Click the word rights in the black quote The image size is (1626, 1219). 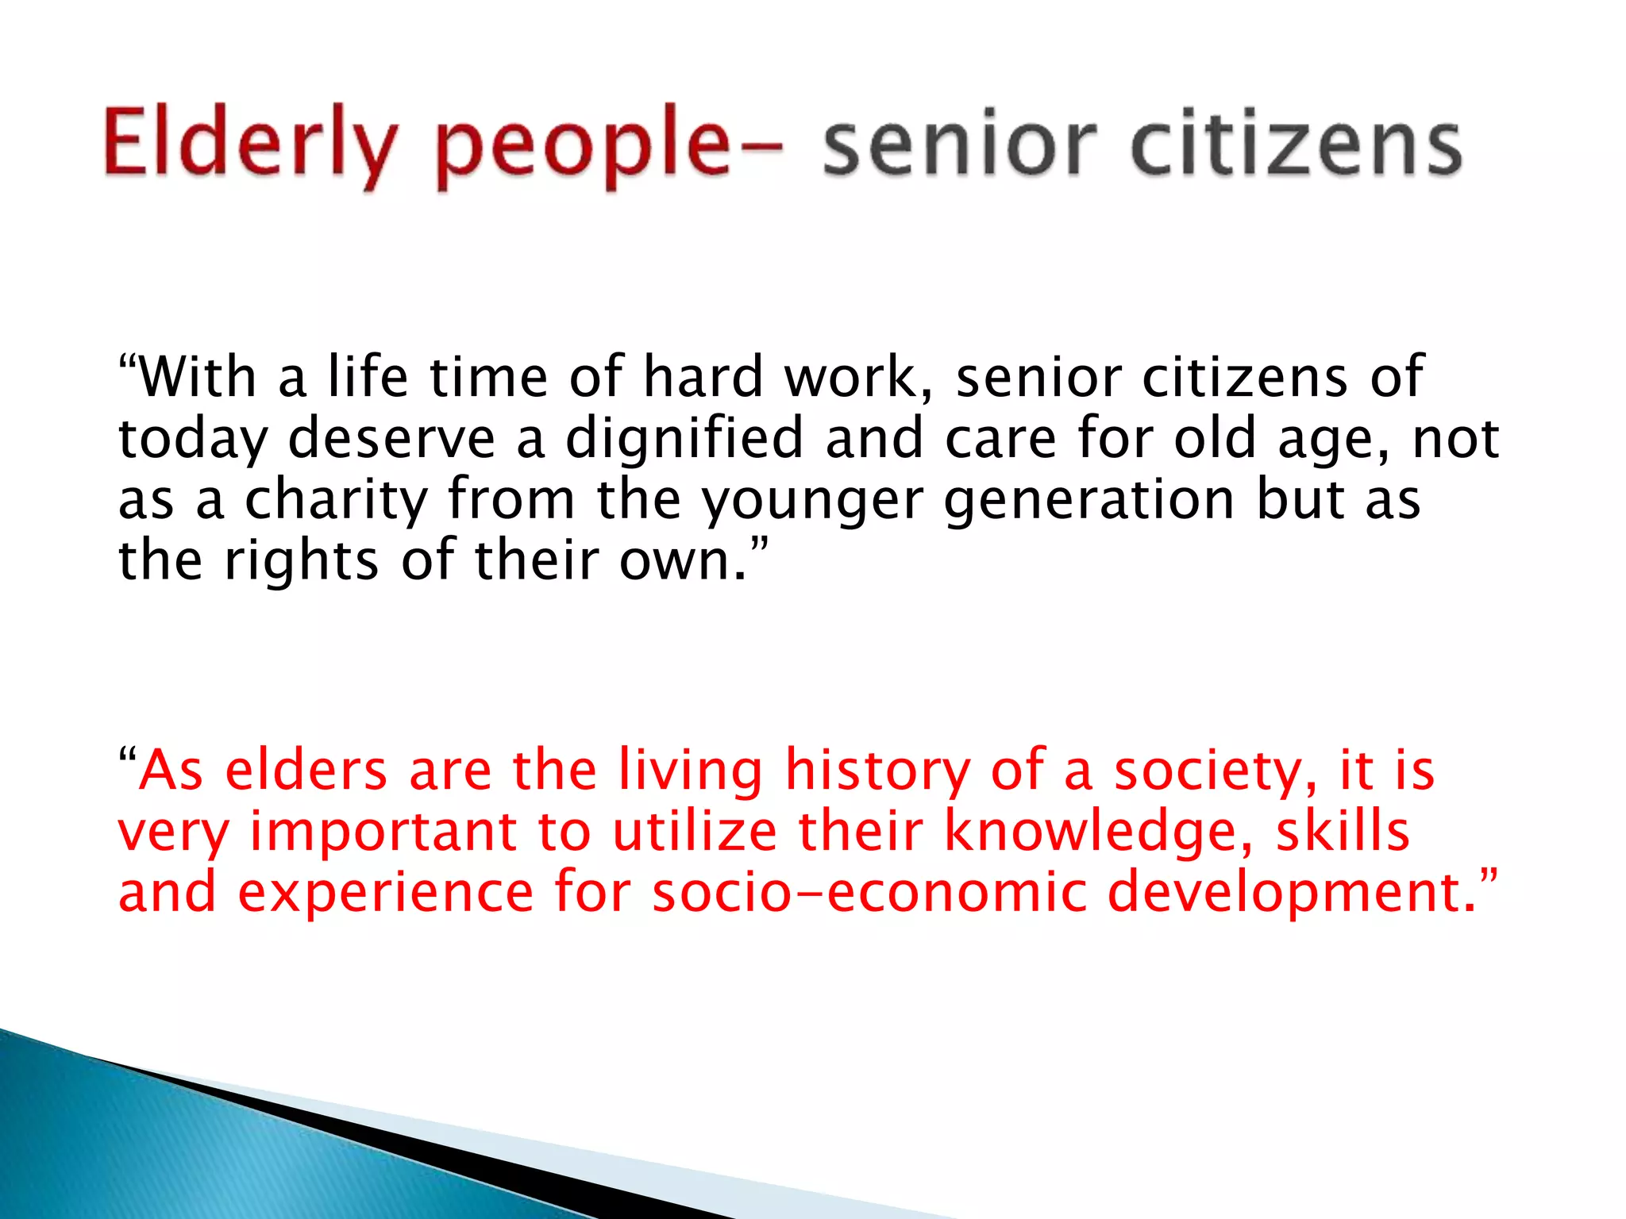tap(302, 562)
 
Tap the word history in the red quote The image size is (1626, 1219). tap(877, 771)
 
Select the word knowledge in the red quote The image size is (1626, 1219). tap(1100, 833)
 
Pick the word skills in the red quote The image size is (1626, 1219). tap(1343, 831)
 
